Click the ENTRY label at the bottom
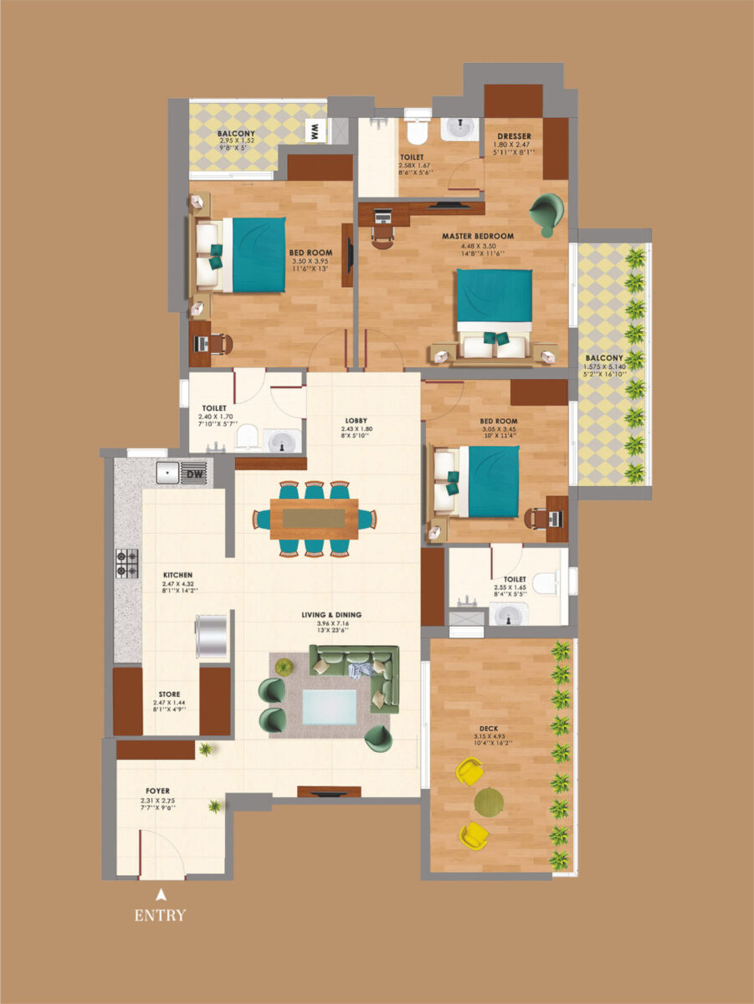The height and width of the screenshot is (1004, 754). point(160,915)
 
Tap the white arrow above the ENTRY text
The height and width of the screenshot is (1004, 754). point(161,894)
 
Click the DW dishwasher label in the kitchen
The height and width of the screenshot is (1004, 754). point(194,474)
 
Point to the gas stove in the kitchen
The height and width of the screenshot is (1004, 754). point(127,563)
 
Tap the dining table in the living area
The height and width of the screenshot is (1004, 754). point(314,519)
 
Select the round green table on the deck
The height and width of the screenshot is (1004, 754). point(490,802)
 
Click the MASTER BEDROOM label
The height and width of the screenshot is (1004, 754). point(478,236)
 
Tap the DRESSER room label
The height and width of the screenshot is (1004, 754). point(514,136)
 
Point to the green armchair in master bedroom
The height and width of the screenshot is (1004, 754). point(546,211)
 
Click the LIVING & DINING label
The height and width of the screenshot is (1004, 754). point(332,615)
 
